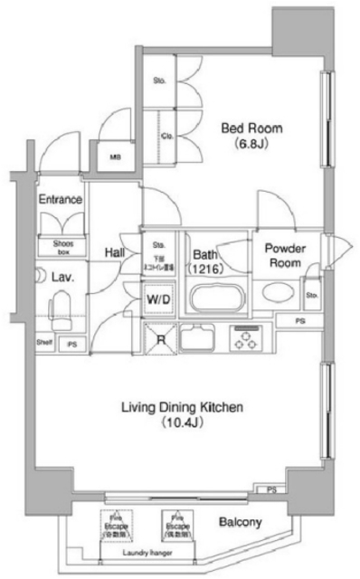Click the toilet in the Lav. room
[62, 312]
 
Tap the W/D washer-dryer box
[158, 296]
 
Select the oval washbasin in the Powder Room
[270, 294]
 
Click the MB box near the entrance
[115, 157]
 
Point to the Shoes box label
[61, 245]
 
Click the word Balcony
[241, 522]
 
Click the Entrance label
[61, 200]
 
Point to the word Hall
[114, 253]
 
